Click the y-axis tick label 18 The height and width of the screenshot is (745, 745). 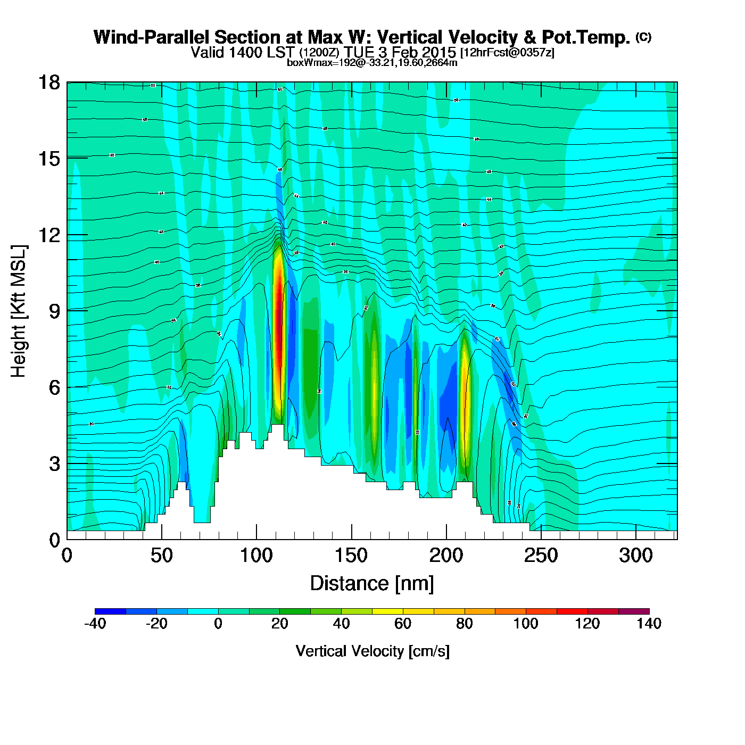click(48, 82)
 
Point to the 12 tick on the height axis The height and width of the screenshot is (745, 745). click(48, 235)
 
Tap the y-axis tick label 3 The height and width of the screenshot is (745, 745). click(54, 463)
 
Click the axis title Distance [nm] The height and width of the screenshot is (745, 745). click(372, 584)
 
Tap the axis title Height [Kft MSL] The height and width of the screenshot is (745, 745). click(19, 311)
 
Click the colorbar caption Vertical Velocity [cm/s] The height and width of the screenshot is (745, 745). click(372, 651)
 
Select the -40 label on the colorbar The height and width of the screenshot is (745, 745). click(95, 624)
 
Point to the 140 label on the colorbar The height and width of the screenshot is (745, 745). click(649, 624)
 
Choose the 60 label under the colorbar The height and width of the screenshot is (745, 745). click(403, 624)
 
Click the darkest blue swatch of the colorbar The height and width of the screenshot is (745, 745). click(111, 611)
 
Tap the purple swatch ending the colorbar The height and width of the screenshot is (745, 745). click(634, 611)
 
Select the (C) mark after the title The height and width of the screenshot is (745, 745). click(643, 37)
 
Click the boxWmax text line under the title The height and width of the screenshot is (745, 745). click(372, 62)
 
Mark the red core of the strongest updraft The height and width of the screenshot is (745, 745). click(277, 330)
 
